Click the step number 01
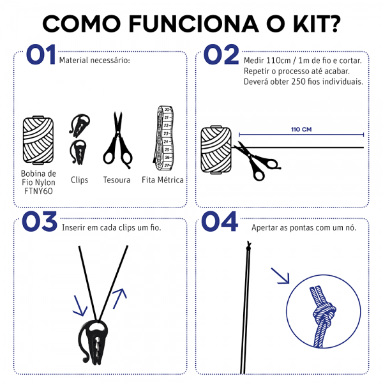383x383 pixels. coord(41,54)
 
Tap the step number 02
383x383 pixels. coord(221,54)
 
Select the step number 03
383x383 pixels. coord(40,222)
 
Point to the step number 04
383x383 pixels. coord(220,222)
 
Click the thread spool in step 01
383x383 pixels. coord(38,140)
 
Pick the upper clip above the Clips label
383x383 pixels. coord(80,124)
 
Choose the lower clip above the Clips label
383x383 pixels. coord(78,152)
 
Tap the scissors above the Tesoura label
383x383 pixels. coord(117,140)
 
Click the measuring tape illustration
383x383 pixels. coord(163,139)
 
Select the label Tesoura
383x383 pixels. coord(117,180)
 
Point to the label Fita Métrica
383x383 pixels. coord(163,180)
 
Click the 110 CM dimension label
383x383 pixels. coord(301,130)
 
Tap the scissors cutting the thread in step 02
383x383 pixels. coord(257,161)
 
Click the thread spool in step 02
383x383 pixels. coord(216,150)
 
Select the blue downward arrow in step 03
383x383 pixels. coord(80,306)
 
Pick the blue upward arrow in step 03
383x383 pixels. coord(120,299)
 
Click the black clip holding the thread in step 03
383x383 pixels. coord(93,342)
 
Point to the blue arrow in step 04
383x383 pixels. coord(280,276)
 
